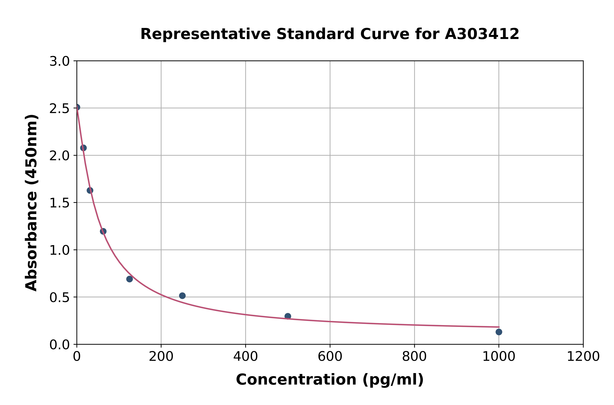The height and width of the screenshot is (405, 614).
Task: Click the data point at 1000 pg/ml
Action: [x=499, y=332]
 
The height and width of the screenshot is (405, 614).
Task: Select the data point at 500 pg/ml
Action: [x=288, y=316]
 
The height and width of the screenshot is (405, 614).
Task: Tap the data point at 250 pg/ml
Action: [x=182, y=295]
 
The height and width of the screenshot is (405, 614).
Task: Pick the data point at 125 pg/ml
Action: [x=129, y=279]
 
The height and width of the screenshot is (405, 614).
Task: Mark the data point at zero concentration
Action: [x=77, y=107]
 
